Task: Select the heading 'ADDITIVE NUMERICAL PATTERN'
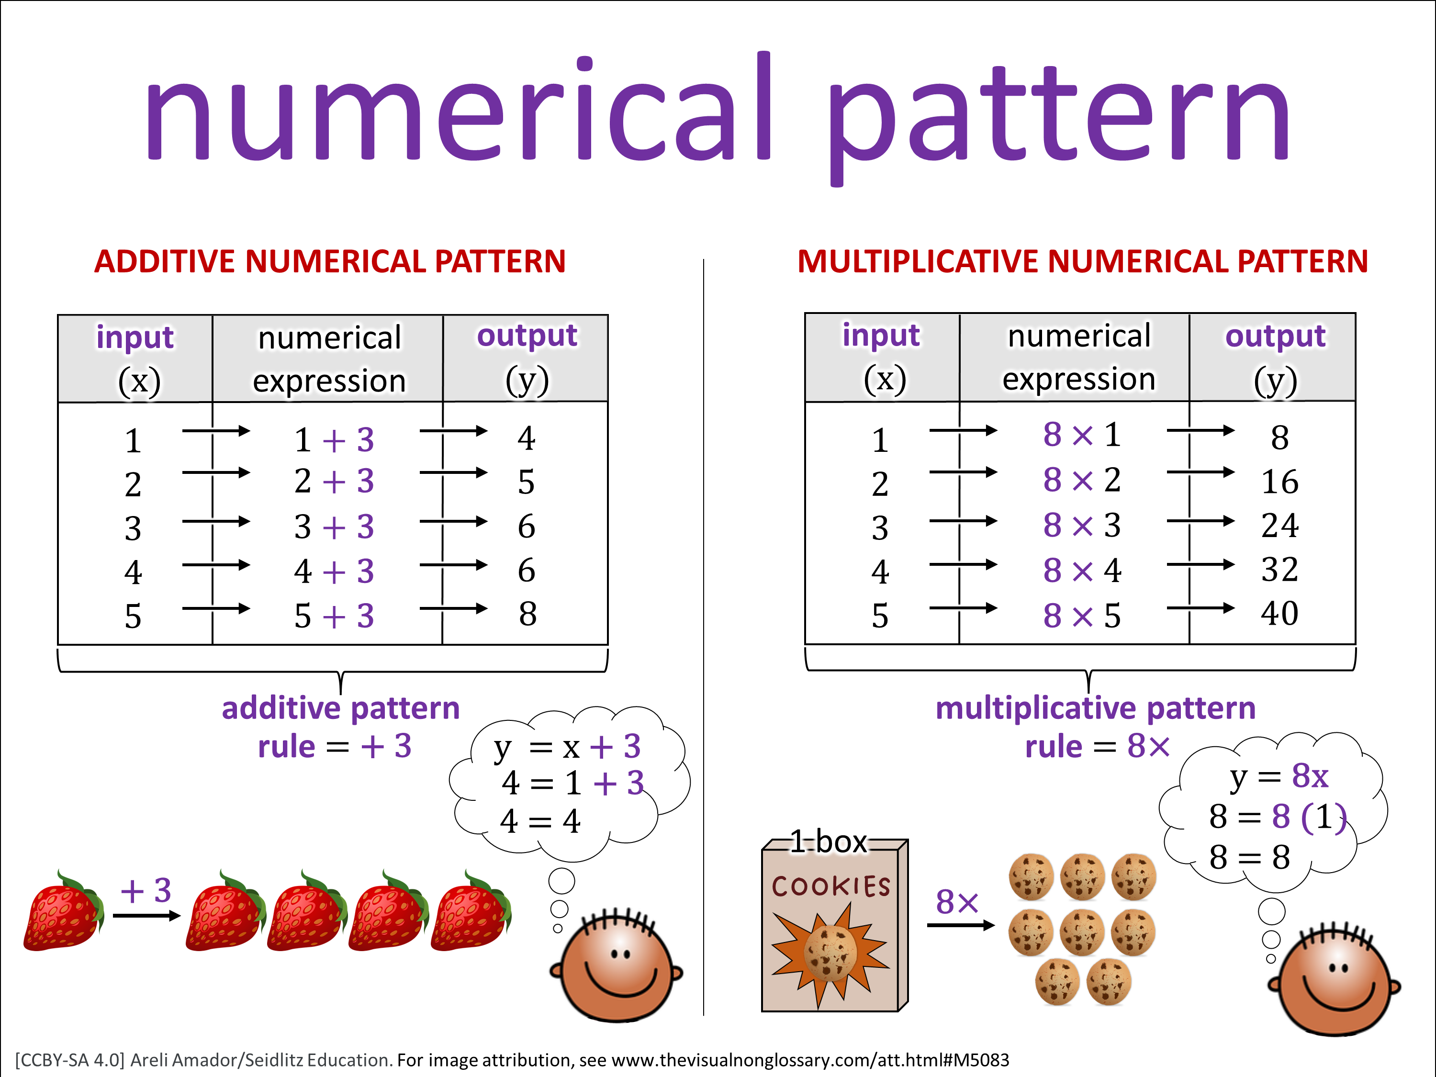coord(330,262)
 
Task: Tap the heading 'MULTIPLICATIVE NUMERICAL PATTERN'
coord(1082,262)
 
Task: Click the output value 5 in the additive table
coord(527,482)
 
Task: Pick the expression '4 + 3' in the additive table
coord(334,571)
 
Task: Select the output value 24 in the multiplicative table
coord(1279,525)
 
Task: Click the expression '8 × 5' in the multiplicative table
coord(1082,616)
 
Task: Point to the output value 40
coord(1279,614)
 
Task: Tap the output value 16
coord(1279,482)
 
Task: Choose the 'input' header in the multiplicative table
coord(881,336)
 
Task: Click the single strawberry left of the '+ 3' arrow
coord(63,911)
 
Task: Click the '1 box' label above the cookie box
coord(829,842)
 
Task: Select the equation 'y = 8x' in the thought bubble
coord(1279,776)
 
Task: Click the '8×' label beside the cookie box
coord(957,902)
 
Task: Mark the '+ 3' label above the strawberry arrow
coord(146,891)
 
